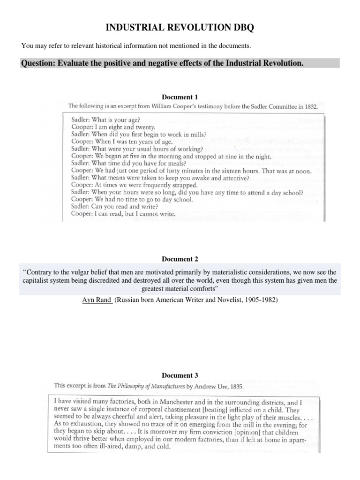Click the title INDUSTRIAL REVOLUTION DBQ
pyautogui.click(x=180, y=28)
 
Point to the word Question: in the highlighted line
pyautogui.click(x=37, y=63)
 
